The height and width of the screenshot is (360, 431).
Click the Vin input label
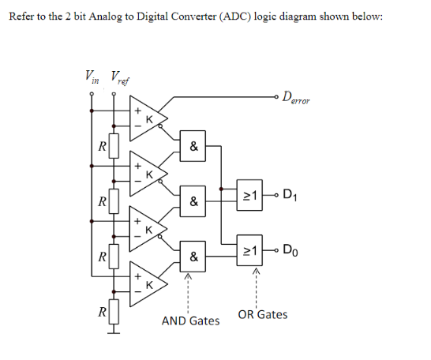pyautogui.click(x=92, y=77)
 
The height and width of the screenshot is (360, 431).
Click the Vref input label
pyautogui.click(x=120, y=78)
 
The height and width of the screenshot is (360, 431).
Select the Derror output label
pyautogui.click(x=296, y=99)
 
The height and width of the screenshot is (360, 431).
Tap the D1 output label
pyautogui.click(x=290, y=195)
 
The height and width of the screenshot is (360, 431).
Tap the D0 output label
pyautogui.click(x=290, y=250)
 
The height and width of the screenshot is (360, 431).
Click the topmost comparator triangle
pyautogui.click(x=148, y=118)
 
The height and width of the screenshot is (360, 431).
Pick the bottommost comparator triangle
pyautogui.click(x=148, y=284)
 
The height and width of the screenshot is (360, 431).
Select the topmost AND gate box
pyautogui.click(x=193, y=146)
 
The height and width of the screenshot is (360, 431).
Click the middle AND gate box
pyautogui.click(x=193, y=201)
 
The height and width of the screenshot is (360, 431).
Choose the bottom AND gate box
pyautogui.click(x=193, y=257)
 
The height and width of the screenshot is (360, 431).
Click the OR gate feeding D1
pyautogui.click(x=249, y=195)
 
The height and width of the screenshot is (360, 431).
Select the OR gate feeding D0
pyautogui.click(x=249, y=250)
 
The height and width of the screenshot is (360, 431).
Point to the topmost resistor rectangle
pyautogui.click(x=114, y=146)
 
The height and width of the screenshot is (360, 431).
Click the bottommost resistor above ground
pyautogui.click(x=114, y=312)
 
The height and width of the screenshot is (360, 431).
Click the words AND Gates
pyautogui.click(x=190, y=321)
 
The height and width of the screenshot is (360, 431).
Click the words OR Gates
pyautogui.click(x=263, y=315)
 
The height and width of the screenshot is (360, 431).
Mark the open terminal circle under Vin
pyautogui.click(x=92, y=94)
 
